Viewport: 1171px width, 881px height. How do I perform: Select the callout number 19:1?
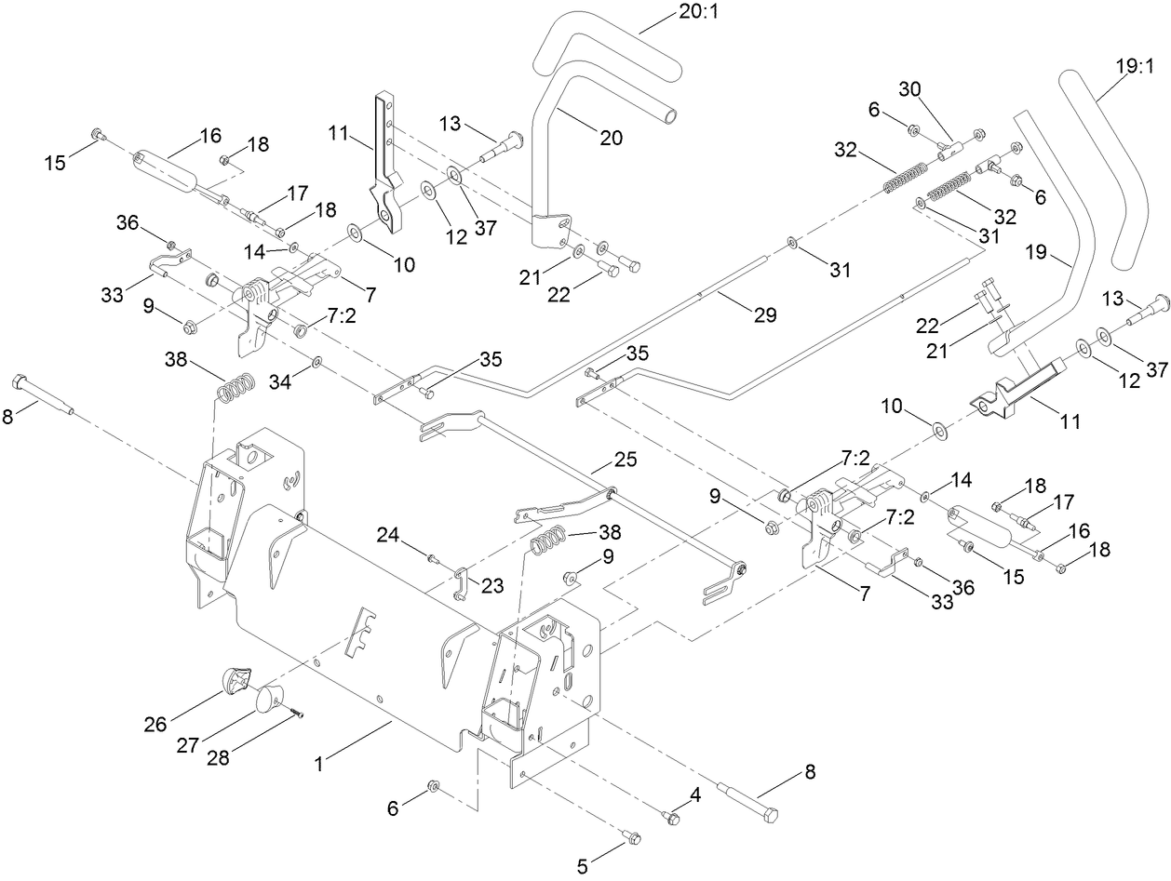pyautogui.click(x=1134, y=66)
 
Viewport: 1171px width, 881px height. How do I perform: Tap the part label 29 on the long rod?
pyautogui.click(x=764, y=315)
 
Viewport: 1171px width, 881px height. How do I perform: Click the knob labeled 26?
pyautogui.click(x=238, y=679)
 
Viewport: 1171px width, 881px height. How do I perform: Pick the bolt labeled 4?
pyautogui.click(x=670, y=816)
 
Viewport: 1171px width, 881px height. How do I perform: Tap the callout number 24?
pyautogui.click(x=387, y=534)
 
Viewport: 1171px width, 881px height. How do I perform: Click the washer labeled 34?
pyautogui.click(x=317, y=361)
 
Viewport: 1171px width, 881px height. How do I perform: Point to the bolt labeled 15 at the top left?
pyautogui.click(x=97, y=136)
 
